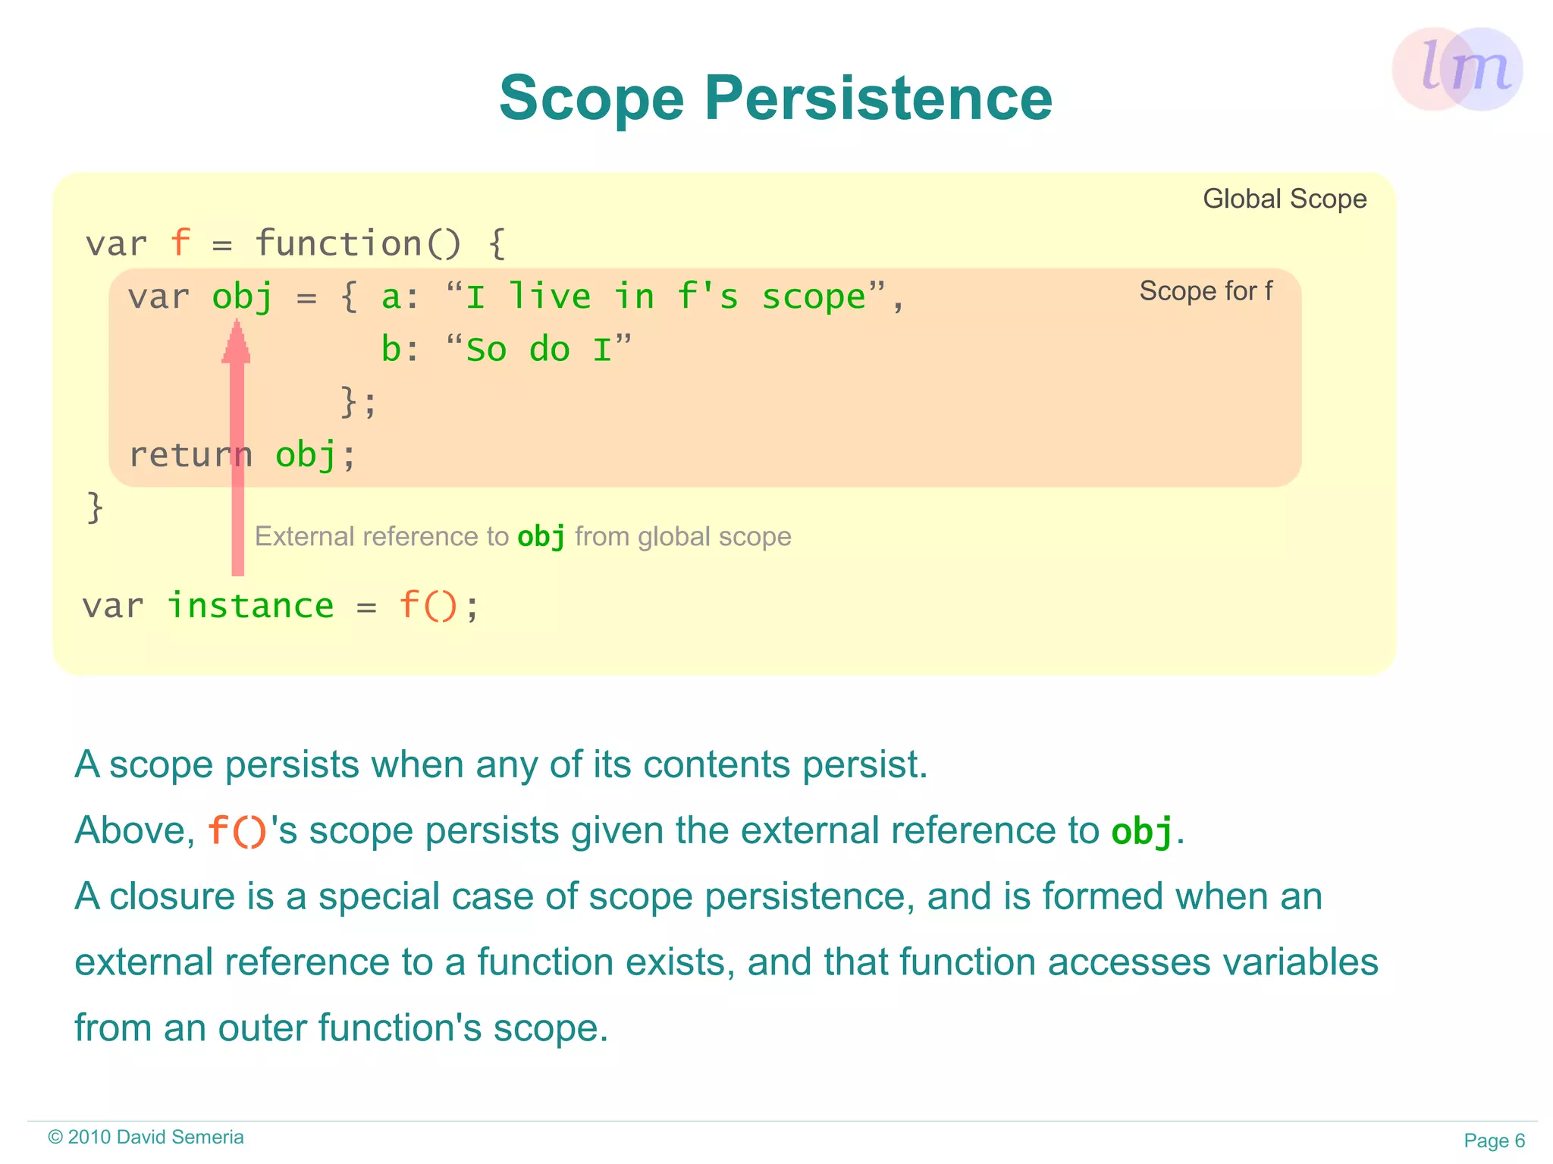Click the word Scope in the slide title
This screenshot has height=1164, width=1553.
(x=591, y=99)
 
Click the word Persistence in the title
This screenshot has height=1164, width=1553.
(x=878, y=99)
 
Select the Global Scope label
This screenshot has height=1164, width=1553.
(x=1284, y=199)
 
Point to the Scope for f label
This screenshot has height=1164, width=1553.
(x=1205, y=291)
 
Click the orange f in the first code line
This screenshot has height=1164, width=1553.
(x=180, y=243)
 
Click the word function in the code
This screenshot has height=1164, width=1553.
(x=337, y=243)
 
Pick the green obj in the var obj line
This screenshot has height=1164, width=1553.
(x=242, y=296)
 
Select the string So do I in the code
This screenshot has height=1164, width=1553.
(x=538, y=350)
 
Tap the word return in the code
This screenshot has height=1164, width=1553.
(x=190, y=455)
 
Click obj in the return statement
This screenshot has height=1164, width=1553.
(x=305, y=455)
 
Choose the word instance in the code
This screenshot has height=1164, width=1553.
(x=250, y=606)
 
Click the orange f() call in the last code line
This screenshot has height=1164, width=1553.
(x=428, y=606)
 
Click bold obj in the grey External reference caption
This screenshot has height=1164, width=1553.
(x=541, y=537)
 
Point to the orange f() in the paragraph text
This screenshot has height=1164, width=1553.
(x=237, y=830)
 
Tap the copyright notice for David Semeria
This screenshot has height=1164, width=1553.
(x=146, y=1137)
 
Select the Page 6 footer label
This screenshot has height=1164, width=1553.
(x=1494, y=1140)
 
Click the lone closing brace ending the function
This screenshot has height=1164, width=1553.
(x=95, y=507)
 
